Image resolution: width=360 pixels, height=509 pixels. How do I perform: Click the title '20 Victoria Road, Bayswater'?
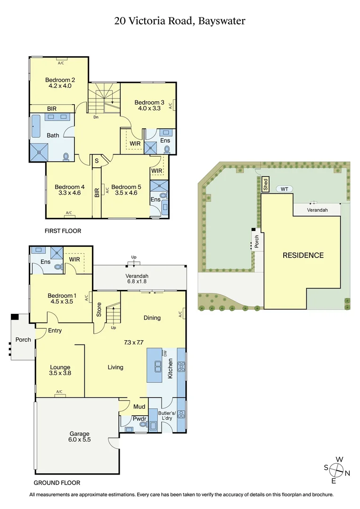tap(180, 21)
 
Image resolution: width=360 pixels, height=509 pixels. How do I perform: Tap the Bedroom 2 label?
tap(59, 80)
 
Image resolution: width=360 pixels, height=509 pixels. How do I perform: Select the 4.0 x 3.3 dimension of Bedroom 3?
tap(149, 108)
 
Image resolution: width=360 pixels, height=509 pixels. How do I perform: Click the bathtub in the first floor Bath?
tap(36, 127)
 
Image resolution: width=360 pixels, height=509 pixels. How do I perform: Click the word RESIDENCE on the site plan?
tap(303, 255)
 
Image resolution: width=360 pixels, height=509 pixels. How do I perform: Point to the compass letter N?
tap(348, 473)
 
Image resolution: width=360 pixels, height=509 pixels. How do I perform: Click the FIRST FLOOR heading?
tap(63, 231)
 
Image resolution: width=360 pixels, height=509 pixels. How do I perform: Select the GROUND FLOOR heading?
tap(57, 483)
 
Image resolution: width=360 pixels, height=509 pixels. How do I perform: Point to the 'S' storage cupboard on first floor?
tap(97, 160)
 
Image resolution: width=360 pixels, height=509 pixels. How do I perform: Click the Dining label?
tap(152, 318)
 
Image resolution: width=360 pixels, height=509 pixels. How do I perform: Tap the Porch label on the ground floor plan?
tap(23, 339)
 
